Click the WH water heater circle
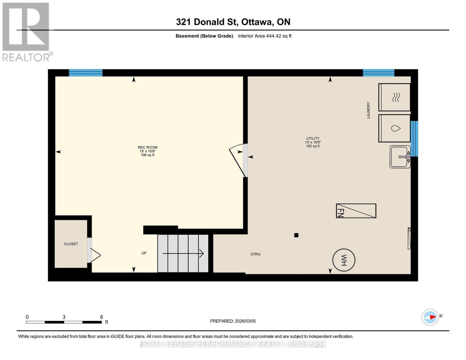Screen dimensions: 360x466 click(x=344, y=260)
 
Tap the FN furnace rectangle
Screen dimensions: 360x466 click(x=356, y=211)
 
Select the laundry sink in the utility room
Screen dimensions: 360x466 click(x=400, y=157)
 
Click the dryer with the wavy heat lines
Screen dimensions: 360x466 click(x=394, y=97)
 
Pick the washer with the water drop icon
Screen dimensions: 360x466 click(x=394, y=128)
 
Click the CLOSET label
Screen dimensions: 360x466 click(x=71, y=244)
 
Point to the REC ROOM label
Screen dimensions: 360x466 click(x=147, y=147)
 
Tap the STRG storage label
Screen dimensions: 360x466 click(x=255, y=254)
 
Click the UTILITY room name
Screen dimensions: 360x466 click(x=313, y=138)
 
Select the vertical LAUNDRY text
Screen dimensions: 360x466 click(x=368, y=110)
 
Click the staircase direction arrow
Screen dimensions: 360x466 click(x=183, y=253)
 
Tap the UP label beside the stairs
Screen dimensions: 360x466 click(x=144, y=253)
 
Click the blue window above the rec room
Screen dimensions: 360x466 click(x=86, y=73)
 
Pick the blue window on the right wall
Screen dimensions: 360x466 click(x=414, y=139)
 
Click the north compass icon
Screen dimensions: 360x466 click(x=430, y=317)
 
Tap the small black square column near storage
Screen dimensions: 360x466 click(x=296, y=235)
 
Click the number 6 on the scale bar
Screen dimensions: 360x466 click(x=101, y=317)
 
